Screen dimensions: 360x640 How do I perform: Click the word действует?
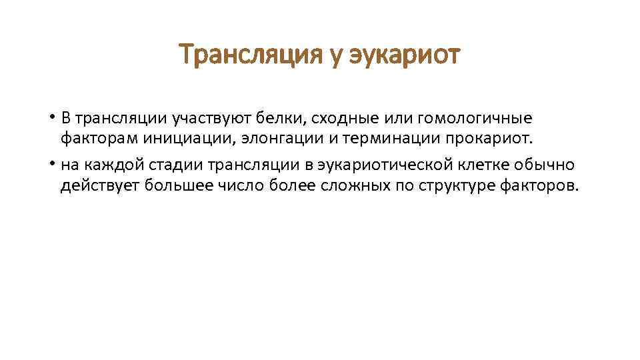[x=96, y=185]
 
